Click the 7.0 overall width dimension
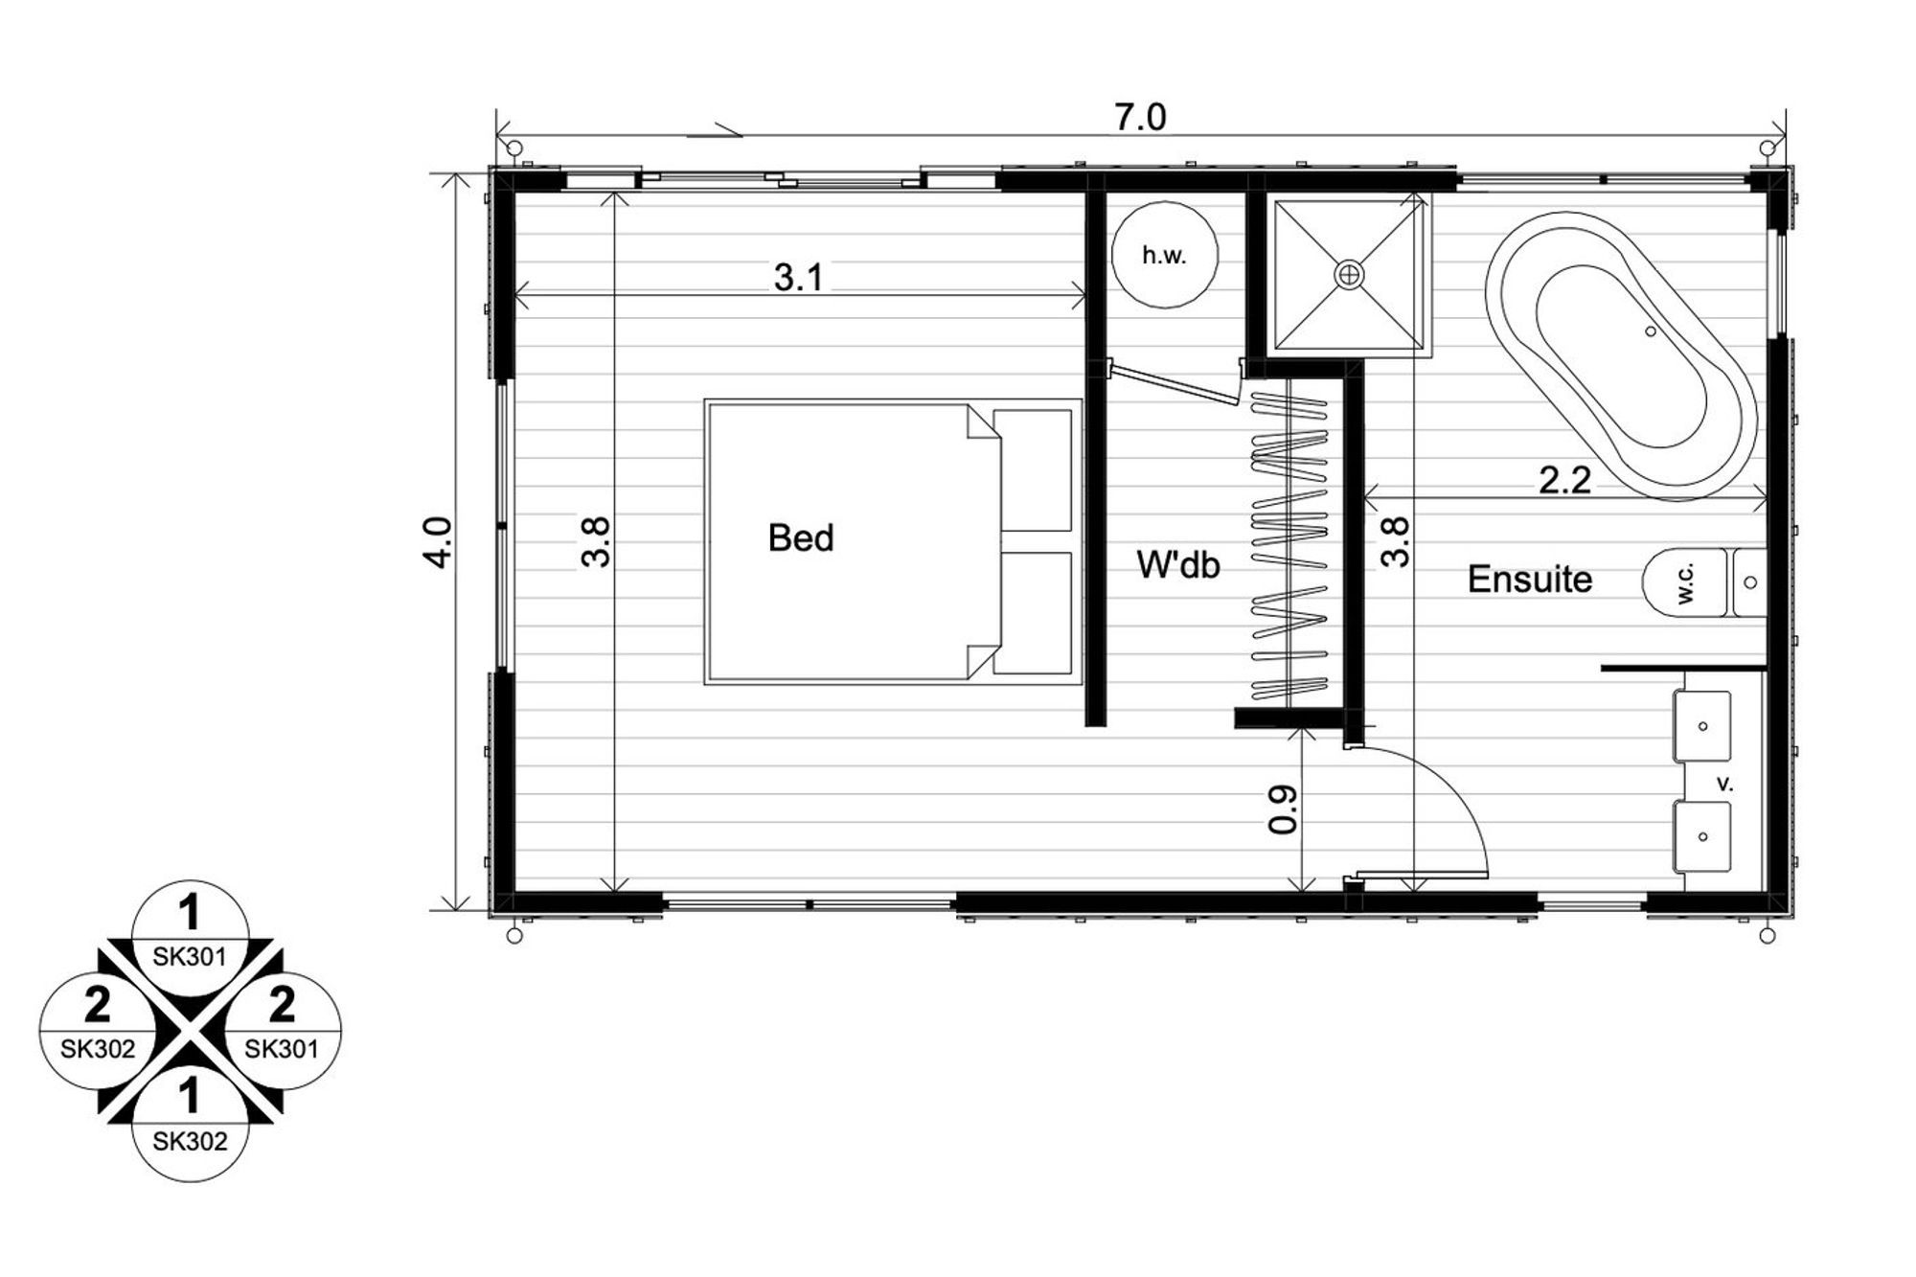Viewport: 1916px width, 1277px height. click(1140, 118)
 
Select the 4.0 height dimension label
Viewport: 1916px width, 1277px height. click(438, 542)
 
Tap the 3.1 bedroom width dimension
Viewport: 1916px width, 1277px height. click(798, 278)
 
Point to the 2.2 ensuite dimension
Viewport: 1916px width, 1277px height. click(1564, 480)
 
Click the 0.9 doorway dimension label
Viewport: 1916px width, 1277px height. click(1283, 810)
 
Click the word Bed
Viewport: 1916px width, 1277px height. click(801, 538)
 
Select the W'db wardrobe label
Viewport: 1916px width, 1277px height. click(1178, 565)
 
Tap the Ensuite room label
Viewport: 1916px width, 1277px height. click(1530, 579)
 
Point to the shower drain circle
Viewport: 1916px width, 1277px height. click(1349, 275)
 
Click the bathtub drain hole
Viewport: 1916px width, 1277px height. click(1650, 331)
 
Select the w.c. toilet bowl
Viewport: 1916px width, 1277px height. click(1685, 582)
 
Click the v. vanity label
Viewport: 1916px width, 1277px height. click(1724, 784)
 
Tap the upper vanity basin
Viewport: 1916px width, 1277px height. click(1702, 726)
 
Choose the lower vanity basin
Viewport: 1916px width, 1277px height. click(1702, 836)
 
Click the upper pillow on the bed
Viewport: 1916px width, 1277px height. click(1033, 470)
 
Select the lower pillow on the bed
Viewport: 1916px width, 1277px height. click(1033, 613)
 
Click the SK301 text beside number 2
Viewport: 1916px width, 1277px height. click(282, 1049)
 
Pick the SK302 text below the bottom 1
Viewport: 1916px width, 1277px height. click(190, 1141)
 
